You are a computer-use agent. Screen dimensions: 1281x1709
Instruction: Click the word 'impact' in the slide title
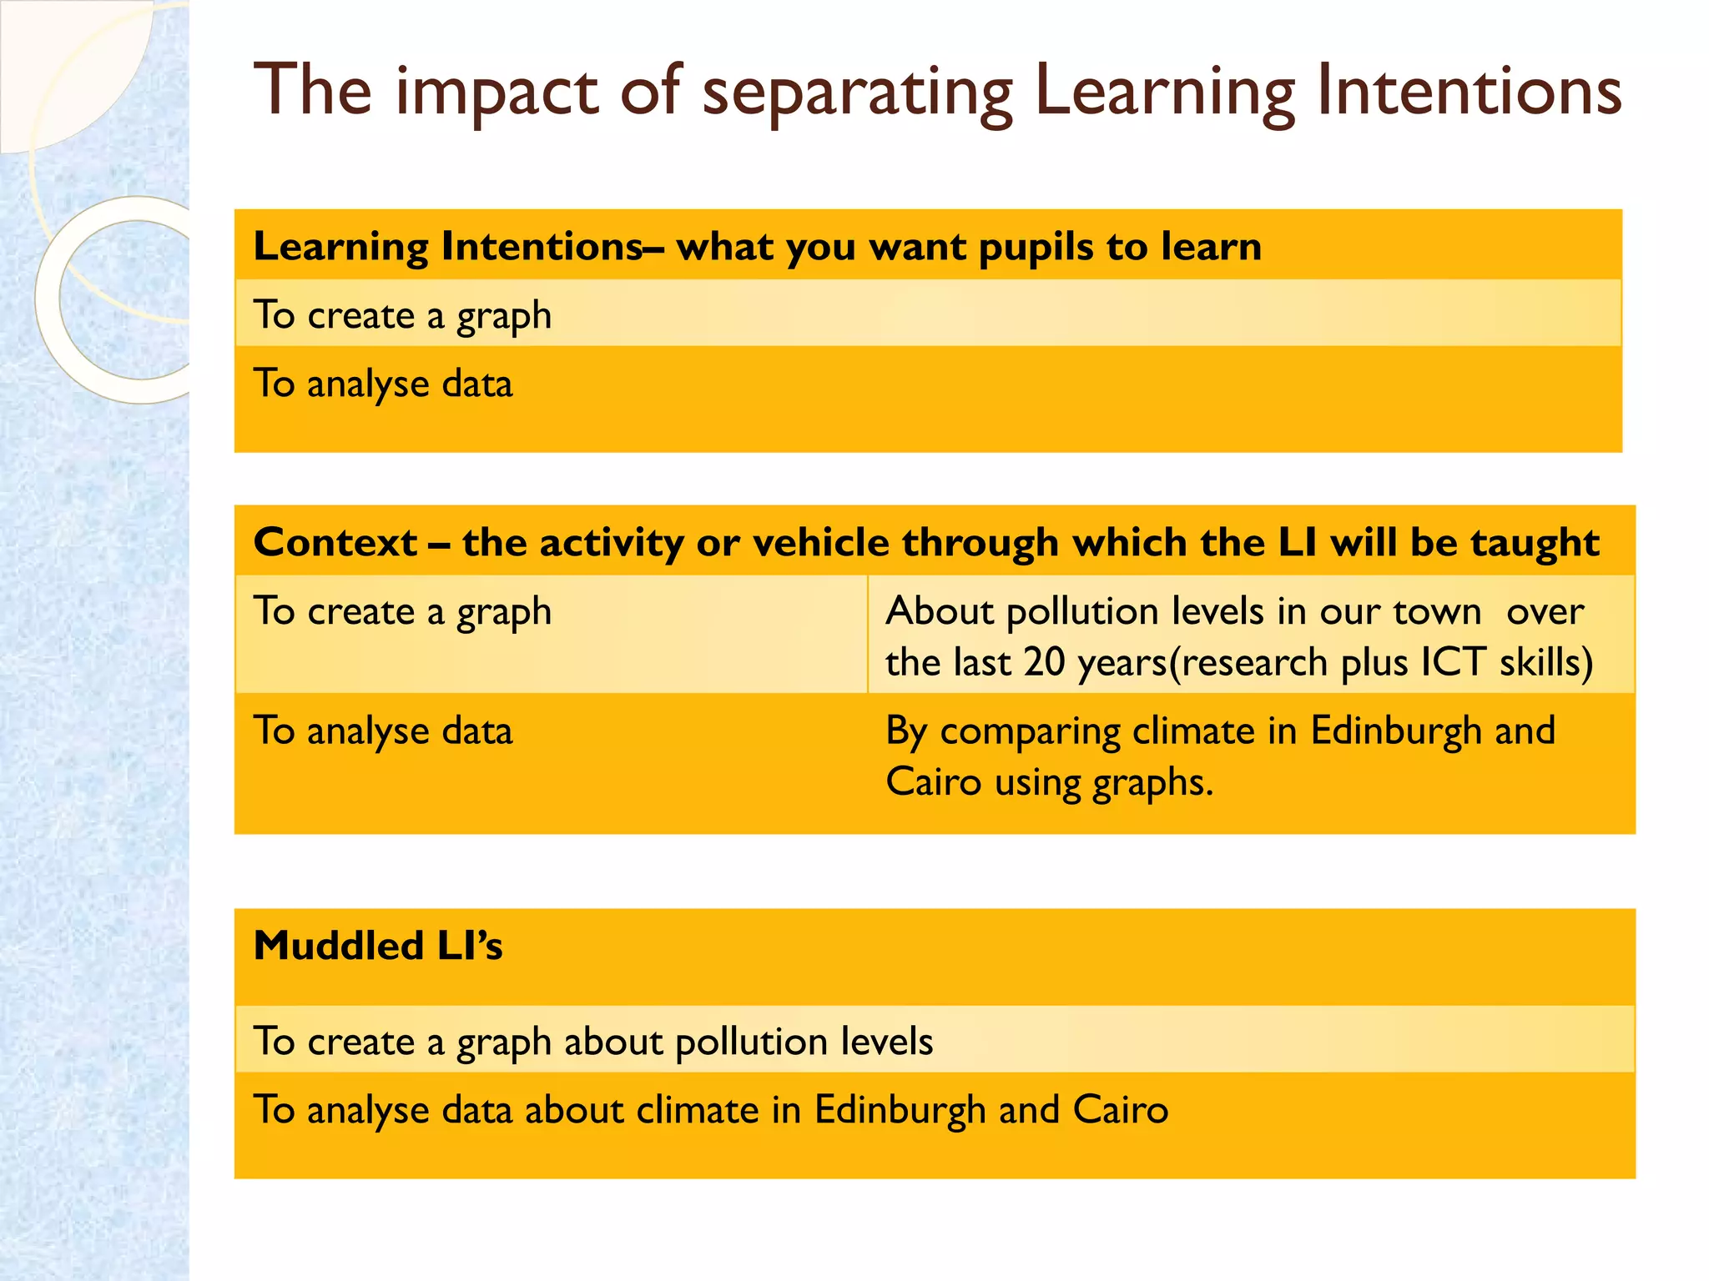[x=496, y=92]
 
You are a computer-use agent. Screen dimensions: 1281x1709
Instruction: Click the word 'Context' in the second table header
[x=335, y=543]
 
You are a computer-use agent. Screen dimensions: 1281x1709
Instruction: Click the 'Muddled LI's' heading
[x=378, y=946]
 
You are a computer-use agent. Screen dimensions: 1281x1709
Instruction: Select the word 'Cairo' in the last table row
[x=1120, y=1110]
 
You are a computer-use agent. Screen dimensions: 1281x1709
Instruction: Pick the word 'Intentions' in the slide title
[x=1470, y=92]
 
